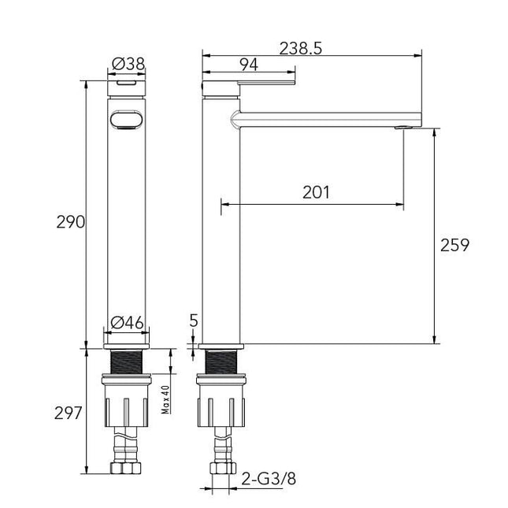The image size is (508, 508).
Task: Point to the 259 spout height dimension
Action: (x=454, y=245)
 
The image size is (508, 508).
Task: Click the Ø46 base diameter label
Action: (x=126, y=321)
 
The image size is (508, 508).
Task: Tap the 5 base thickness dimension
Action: (x=194, y=320)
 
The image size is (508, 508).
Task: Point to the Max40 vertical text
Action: (x=166, y=399)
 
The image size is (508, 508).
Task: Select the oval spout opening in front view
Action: (x=126, y=119)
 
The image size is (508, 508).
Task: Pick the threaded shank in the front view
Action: (x=126, y=364)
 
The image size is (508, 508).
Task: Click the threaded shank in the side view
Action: (x=223, y=364)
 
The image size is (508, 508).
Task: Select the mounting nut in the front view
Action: (x=126, y=402)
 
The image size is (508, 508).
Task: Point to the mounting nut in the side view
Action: (x=223, y=402)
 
